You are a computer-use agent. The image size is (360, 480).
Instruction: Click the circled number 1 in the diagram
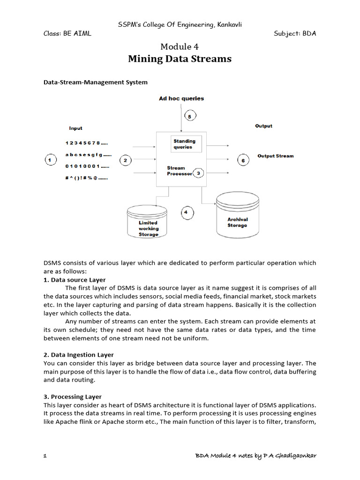[50, 160]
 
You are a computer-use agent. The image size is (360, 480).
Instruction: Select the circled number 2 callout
[126, 160]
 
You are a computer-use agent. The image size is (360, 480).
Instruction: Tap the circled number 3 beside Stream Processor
[198, 173]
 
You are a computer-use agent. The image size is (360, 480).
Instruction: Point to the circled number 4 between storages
[187, 213]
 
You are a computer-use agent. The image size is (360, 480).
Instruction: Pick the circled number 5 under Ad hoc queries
[189, 116]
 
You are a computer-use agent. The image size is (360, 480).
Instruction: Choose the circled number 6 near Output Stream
[243, 160]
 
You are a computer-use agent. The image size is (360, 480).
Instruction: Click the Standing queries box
[185, 144]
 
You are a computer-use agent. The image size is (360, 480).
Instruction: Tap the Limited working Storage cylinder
[148, 223]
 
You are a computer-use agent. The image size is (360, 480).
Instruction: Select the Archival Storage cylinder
[237, 216]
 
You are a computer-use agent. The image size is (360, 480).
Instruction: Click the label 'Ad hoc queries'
[181, 98]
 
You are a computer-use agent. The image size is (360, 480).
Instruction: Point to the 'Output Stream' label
[276, 156]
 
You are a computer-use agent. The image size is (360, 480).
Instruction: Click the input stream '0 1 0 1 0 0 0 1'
[88, 166]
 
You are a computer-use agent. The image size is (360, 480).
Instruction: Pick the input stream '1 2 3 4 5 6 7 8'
[87, 142]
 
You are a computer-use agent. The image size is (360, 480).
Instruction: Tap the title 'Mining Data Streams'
[180, 59]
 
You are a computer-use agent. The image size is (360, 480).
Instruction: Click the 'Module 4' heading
[180, 46]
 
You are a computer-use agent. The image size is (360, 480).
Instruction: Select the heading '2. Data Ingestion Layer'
[79, 355]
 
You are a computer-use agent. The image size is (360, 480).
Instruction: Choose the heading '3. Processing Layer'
[73, 397]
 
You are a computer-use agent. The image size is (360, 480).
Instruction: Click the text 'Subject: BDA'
[295, 34]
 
